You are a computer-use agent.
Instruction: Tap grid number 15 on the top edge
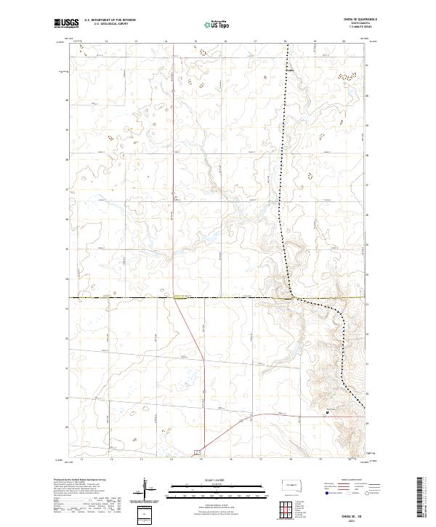(196, 41)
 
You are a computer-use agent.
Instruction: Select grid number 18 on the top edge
(286, 41)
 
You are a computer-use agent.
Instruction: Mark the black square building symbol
(327, 413)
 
